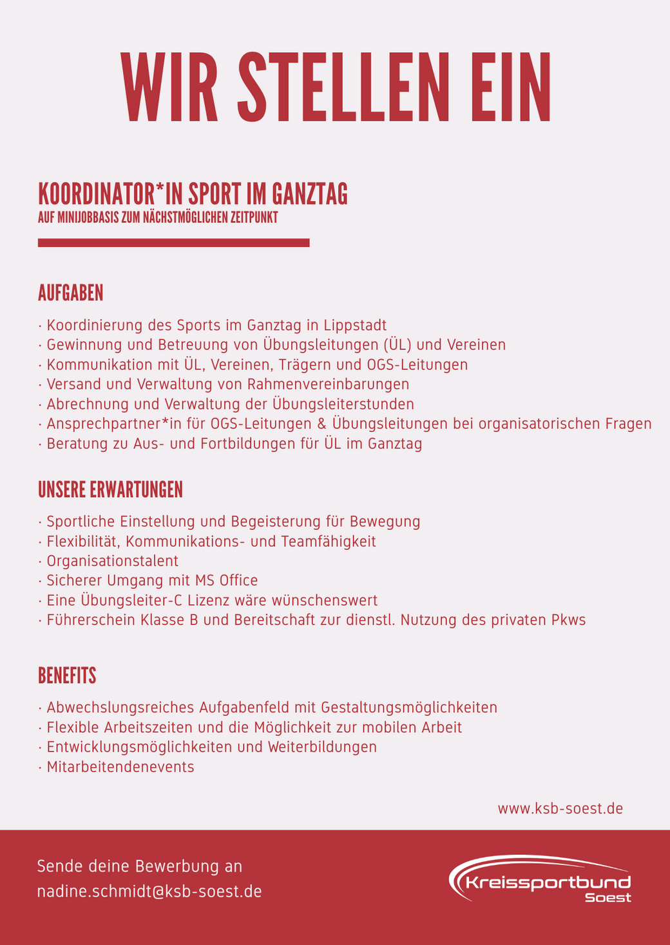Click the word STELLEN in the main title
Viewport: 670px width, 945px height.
tap(343, 88)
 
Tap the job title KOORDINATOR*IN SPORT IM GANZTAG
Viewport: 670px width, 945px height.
tap(193, 194)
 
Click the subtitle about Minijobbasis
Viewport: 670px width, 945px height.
tap(158, 218)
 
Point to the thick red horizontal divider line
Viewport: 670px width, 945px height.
tap(174, 243)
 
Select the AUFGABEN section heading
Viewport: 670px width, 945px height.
tap(71, 293)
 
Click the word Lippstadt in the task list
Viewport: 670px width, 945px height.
tap(356, 325)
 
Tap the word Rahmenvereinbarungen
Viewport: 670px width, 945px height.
tap(328, 384)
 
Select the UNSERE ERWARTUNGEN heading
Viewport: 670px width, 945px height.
tap(110, 490)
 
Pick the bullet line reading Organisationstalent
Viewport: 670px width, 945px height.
tap(112, 561)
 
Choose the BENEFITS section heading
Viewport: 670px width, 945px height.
tap(67, 676)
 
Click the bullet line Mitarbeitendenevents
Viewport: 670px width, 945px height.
tap(120, 767)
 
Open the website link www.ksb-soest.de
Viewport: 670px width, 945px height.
tap(560, 808)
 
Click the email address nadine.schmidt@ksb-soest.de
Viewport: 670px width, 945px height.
tap(149, 891)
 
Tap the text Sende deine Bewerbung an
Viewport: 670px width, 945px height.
tap(140, 866)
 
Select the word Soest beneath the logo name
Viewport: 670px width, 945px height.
tap(608, 898)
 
